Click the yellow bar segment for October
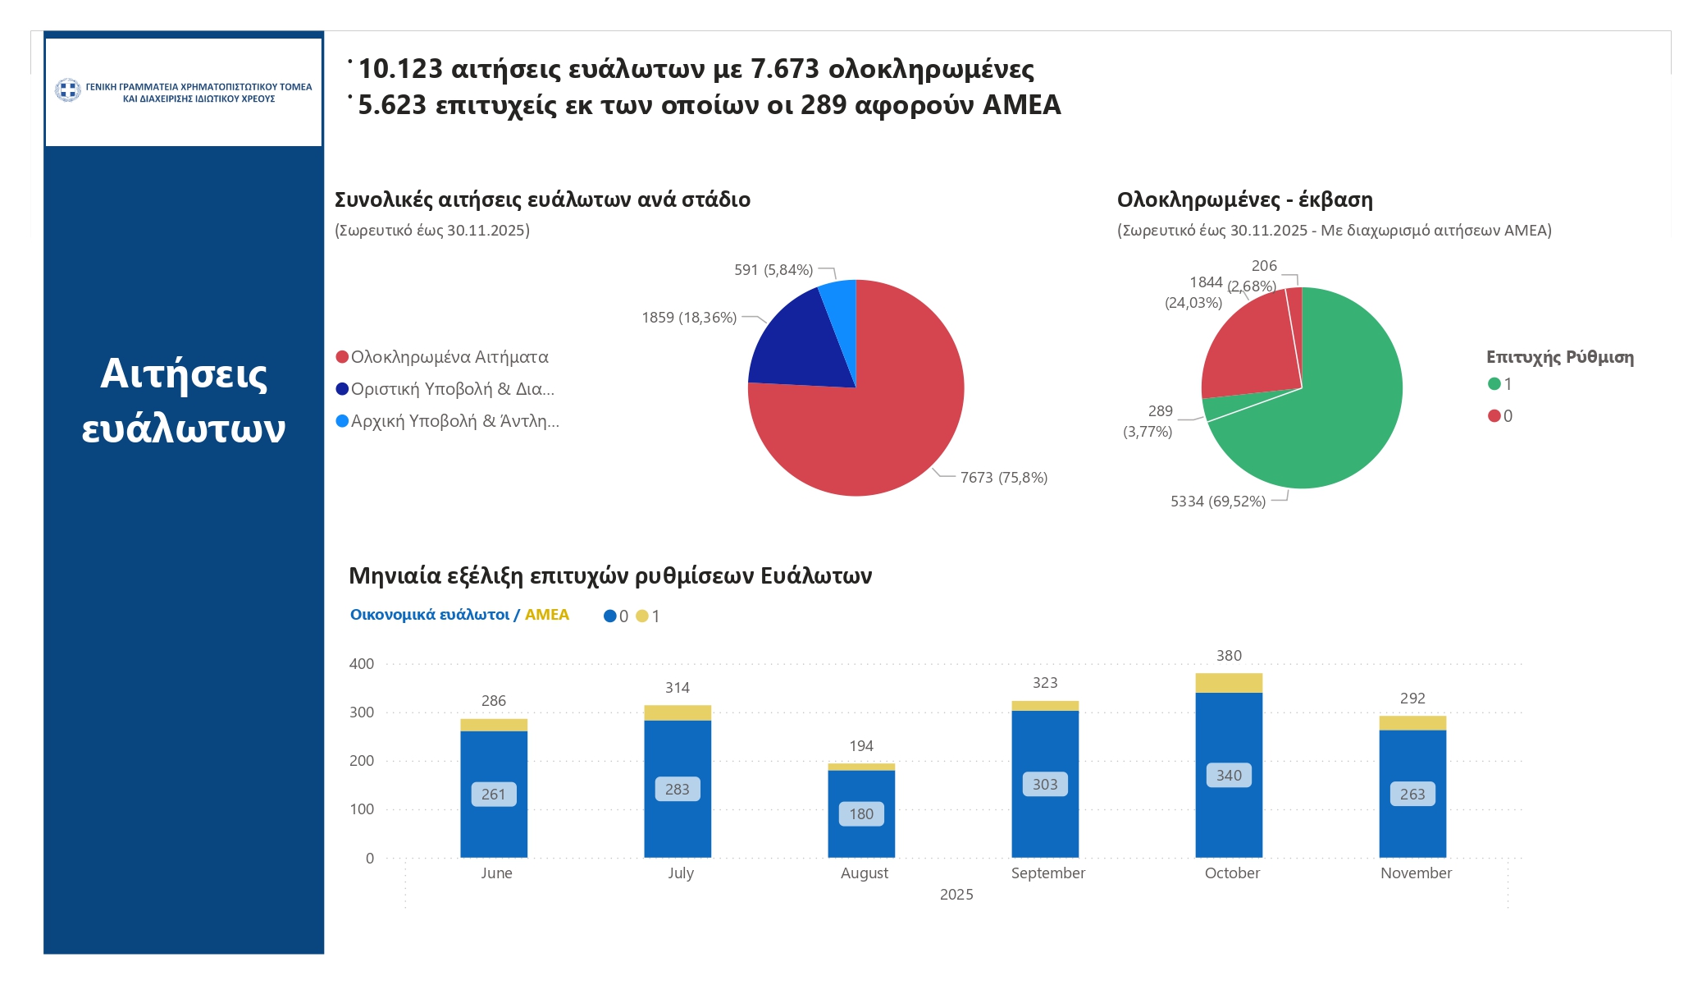[1228, 683]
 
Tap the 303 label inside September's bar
[1044, 784]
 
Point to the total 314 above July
[677, 688]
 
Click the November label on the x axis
[1415, 873]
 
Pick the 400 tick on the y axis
[362, 664]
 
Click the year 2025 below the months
[956, 895]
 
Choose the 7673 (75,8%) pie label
[1003, 478]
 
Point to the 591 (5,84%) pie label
[773, 270]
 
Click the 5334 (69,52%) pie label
[1217, 502]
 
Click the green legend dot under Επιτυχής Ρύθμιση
[1494, 384]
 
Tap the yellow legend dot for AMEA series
[641, 616]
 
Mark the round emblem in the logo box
[68, 89]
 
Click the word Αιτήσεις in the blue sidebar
[184, 374]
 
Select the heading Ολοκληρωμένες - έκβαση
[1244, 199]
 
